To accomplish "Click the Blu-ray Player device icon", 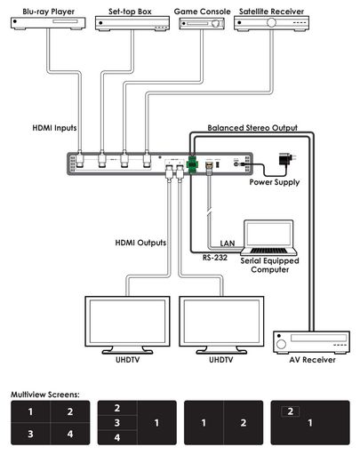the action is point(48,23).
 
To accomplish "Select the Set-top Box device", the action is point(132,23).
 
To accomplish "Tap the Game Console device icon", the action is point(202,23).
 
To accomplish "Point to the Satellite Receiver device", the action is point(271,23).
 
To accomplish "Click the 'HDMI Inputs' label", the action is point(54,128).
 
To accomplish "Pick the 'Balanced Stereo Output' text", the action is point(252,128).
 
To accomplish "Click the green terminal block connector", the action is point(192,164).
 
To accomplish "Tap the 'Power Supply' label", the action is point(275,182).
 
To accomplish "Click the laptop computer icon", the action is point(268,237).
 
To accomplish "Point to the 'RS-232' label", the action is point(215,258).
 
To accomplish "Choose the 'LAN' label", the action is point(228,243).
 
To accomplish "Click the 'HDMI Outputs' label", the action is point(140,243).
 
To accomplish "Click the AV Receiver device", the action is point(311,342).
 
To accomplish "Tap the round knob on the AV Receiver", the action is point(281,344).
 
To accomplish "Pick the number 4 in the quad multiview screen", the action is point(70,434).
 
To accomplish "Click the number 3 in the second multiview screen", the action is point(117,423).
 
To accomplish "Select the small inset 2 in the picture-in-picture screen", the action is point(291,411).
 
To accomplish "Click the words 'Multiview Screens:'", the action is point(45,395).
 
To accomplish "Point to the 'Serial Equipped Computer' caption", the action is point(269,265).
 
